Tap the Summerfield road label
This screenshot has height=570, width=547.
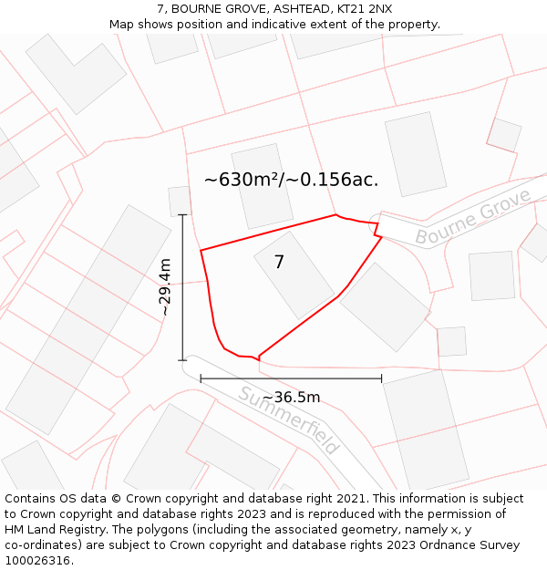click(x=289, y=420)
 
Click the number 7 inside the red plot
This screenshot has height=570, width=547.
click(x=279, y=262)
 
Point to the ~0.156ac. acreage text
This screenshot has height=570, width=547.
click(x=333, y=180)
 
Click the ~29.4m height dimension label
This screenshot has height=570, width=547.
click(x=165, y=287)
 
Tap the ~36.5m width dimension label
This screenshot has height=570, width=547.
click(x=291, y=398)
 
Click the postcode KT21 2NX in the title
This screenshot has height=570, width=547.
click(x=365, y=9)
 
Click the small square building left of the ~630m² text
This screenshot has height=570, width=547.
click(x=180, y=202)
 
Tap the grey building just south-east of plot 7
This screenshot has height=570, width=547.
click(x=385, y=306)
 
